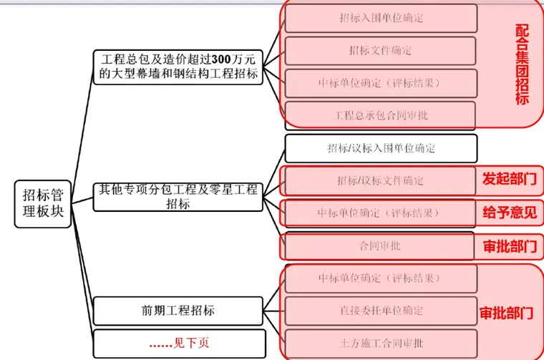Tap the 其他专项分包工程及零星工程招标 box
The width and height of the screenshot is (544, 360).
(178, 197)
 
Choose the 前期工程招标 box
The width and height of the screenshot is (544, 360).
(178, 311)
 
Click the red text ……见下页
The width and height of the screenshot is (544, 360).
(178, 343)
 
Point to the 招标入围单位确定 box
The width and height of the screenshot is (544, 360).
(381, 18)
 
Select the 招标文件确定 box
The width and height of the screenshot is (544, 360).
(381, 51)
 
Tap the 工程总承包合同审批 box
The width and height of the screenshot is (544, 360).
(381, 115)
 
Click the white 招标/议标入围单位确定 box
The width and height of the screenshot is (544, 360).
(381, 148)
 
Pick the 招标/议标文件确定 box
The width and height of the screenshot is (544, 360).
(381, 180)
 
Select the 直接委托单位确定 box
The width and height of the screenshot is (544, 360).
(381, 311)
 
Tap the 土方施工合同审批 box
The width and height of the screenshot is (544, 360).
(381, 343)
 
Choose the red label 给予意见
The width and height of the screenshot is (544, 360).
(509, 213)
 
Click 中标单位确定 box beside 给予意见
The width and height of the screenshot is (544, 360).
(381, 213)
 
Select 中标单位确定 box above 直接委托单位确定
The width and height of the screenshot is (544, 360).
(381, 278)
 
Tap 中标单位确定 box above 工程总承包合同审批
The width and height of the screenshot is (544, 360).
(381, 83)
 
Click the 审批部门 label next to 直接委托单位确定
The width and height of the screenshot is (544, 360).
(506, 313)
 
